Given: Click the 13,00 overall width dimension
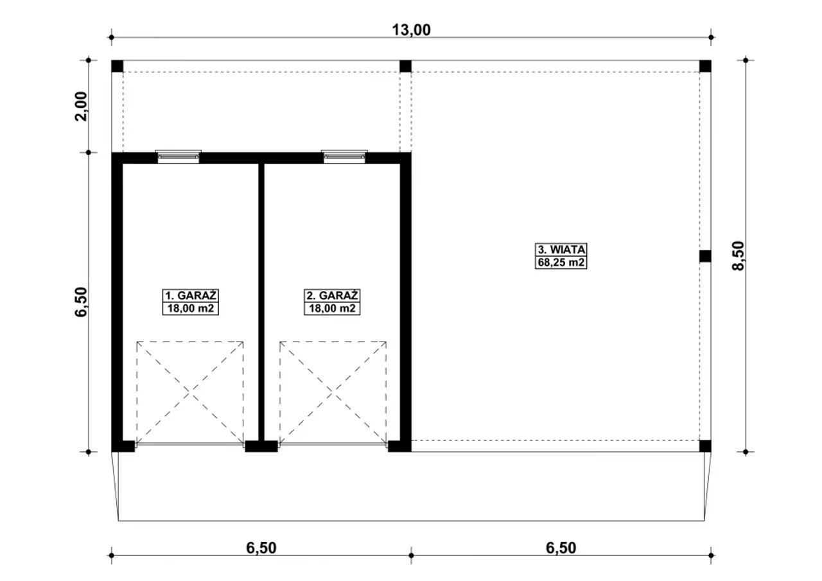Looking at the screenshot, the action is (412, 30).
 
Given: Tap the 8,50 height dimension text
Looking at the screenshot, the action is (739, 256).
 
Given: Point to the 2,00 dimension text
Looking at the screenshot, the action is (81, 107).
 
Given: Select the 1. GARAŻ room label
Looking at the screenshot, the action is (191, 295).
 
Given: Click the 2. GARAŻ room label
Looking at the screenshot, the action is (332, 295).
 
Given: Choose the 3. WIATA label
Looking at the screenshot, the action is (561, 250).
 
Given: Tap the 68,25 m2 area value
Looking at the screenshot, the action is (561, 263).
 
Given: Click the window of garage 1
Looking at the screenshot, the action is (179, 157).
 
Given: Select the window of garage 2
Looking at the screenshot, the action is (344, 157).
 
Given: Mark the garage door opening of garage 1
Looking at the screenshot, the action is (189, 445).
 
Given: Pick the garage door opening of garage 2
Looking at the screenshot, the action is (333, 445).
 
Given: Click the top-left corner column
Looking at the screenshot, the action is (118, 66).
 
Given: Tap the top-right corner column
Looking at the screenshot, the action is (705, 66).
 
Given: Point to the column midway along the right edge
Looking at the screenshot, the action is (705, 256).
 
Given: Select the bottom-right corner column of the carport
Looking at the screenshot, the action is (705, 446).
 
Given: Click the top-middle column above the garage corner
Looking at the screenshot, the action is (405, 66).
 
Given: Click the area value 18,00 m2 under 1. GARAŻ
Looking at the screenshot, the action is (191, 308).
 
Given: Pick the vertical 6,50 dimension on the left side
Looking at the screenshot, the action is (81, 302).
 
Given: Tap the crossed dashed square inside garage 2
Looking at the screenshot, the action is (333, 393).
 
